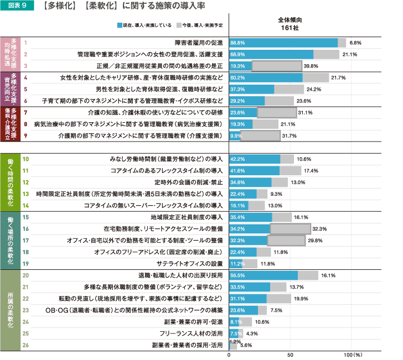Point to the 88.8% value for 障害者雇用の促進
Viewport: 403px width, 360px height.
click(x=238, y=43)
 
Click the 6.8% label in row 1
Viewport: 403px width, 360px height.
click(x=355, y=43)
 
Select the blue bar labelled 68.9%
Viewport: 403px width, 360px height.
click(x=271, y=54)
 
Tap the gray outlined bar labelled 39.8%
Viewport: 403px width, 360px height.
click(x=277, y=66)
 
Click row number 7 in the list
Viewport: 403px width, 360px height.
click(x=25, y=112)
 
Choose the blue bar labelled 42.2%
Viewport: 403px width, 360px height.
click(x=255, y=159)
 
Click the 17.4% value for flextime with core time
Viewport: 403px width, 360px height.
click(x=311, y=171)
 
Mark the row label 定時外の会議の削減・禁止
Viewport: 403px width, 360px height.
click(x=188, y=182)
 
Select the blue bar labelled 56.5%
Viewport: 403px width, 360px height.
click(x=263, y=275)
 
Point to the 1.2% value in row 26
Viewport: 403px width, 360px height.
click(x=234, y=342)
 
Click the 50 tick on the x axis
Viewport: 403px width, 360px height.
click(x=289, y=354)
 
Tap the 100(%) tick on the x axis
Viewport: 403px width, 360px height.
click(x=352, y=354)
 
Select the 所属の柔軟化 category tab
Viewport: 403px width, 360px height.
click(x=11, y=310)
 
